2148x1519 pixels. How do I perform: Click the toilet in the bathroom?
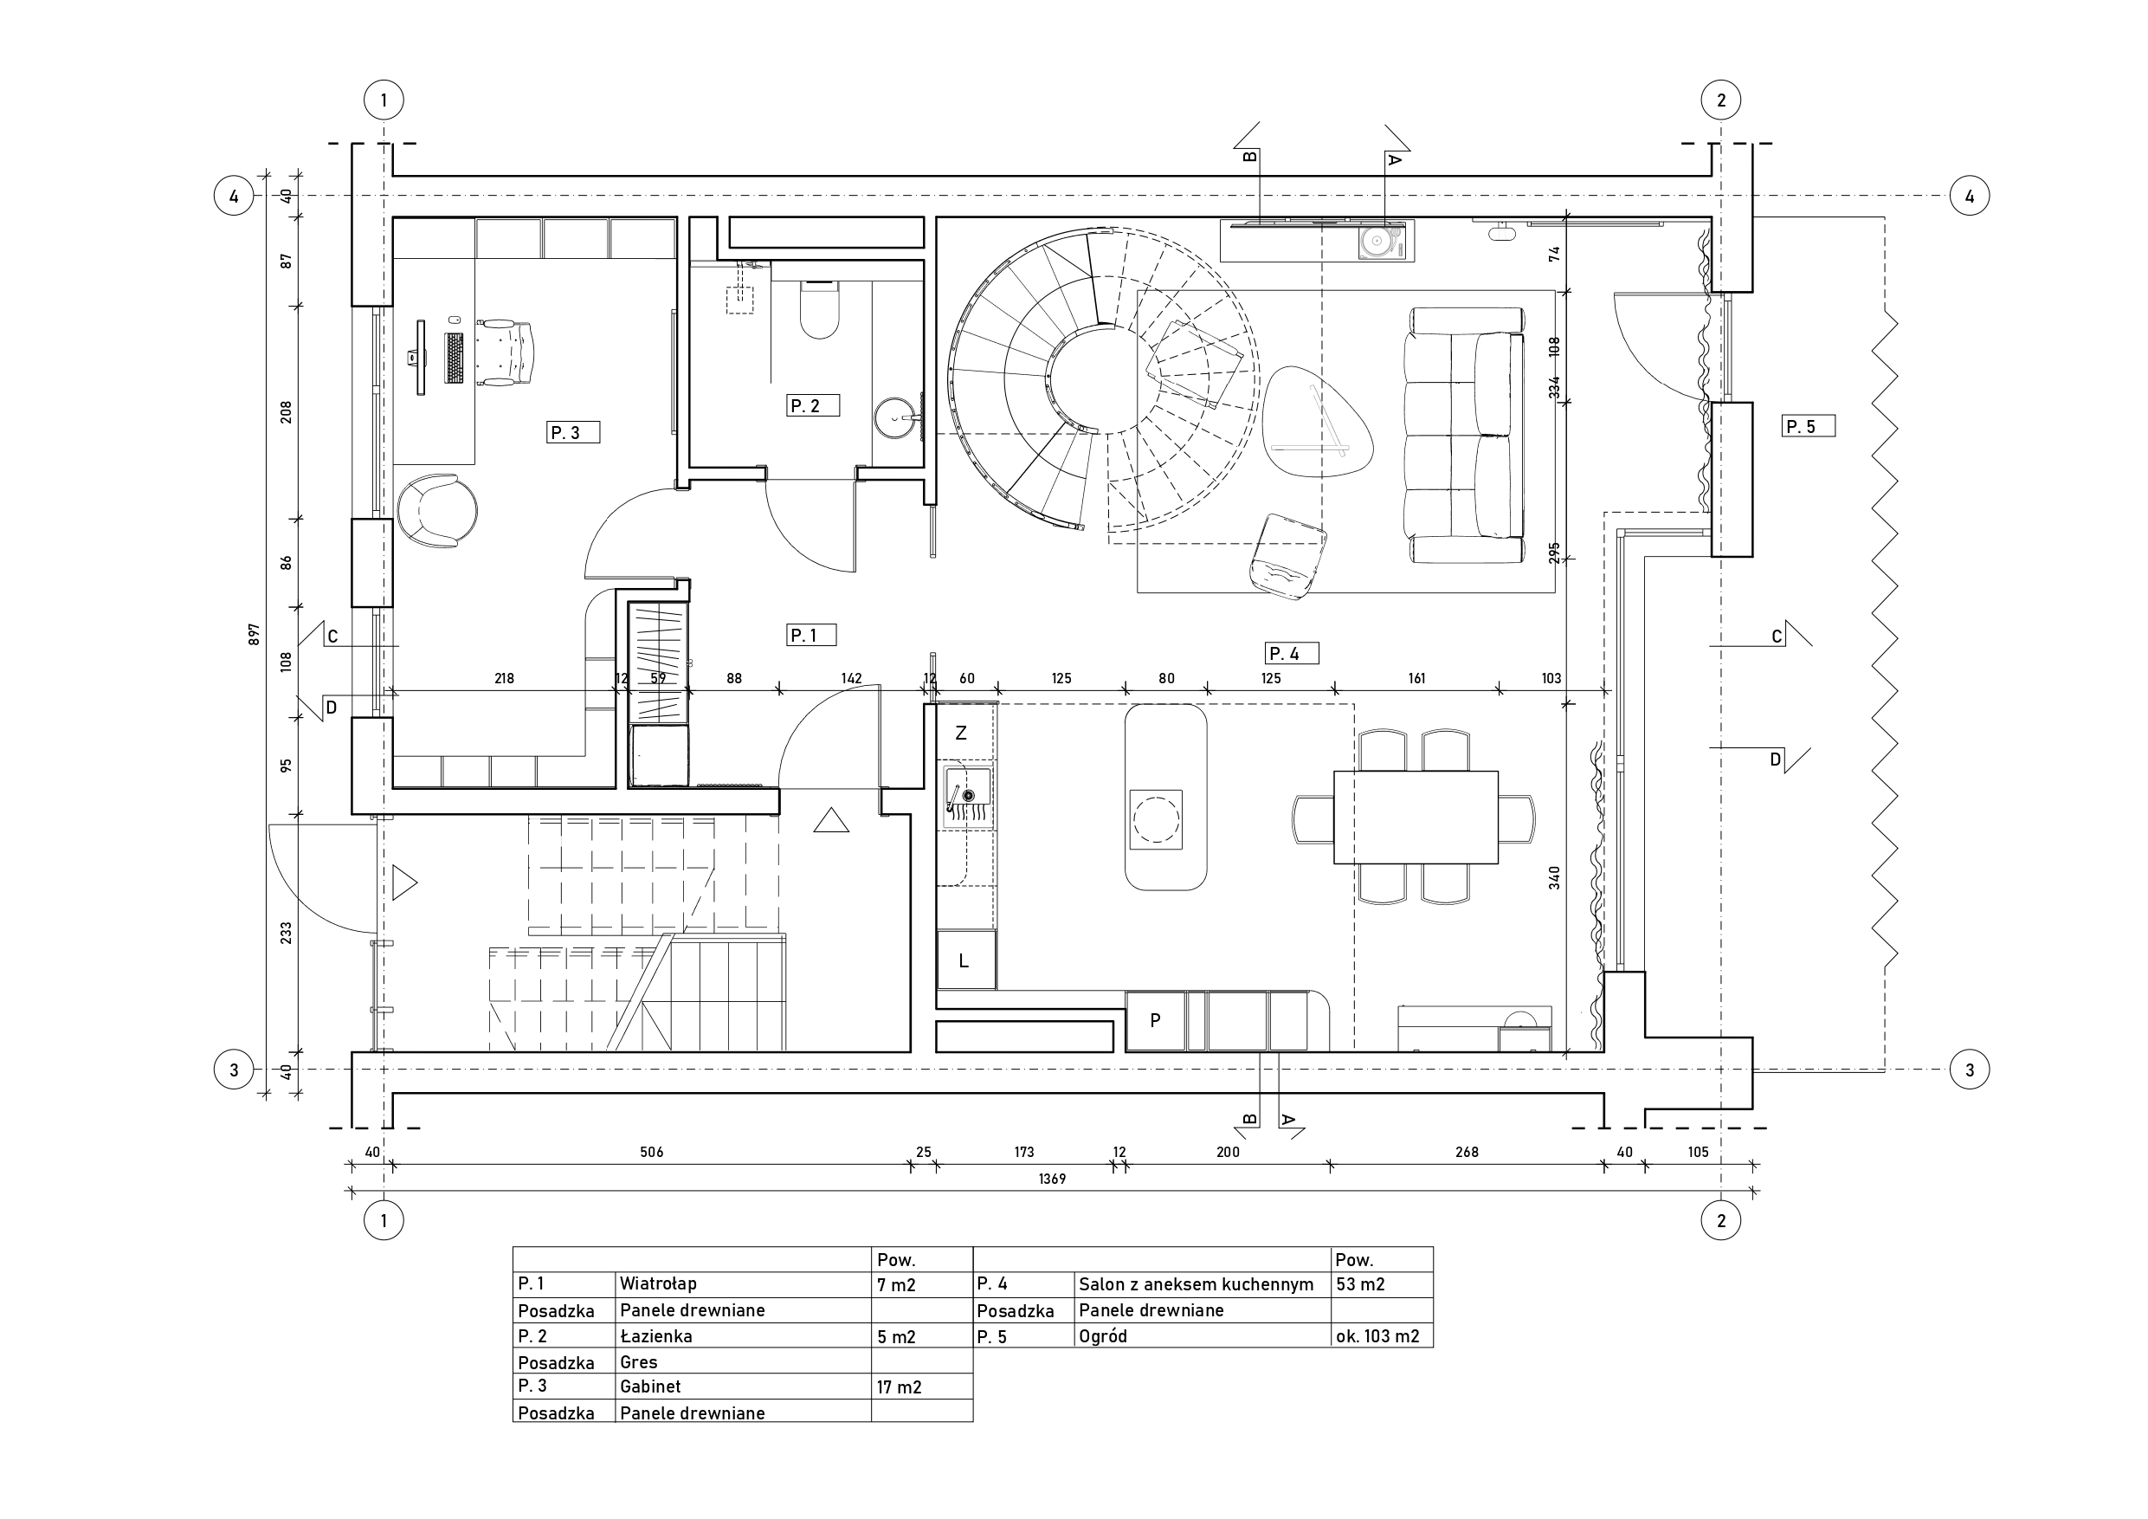(x=820, y=309)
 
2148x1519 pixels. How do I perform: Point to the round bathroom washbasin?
(x=896, y=418)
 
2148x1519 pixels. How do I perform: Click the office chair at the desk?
(x=506, y=352)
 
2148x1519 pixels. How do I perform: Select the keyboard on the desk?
(x=454, y=358)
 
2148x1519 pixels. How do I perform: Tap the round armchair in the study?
(x=437, y=511)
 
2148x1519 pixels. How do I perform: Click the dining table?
(x=1416, y=817)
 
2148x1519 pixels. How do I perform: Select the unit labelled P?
(x=1156, y=1021)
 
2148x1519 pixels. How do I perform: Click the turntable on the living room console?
(x=1379, y=242)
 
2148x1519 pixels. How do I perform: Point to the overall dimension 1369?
(x=1052, y=1180)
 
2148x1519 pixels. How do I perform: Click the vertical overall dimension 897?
(x=254, y=635)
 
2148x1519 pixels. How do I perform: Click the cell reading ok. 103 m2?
(x=1377, y=1336)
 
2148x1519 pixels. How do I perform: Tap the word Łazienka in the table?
(x=655, y=1335)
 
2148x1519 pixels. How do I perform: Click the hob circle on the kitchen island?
(x=1157, y=820)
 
